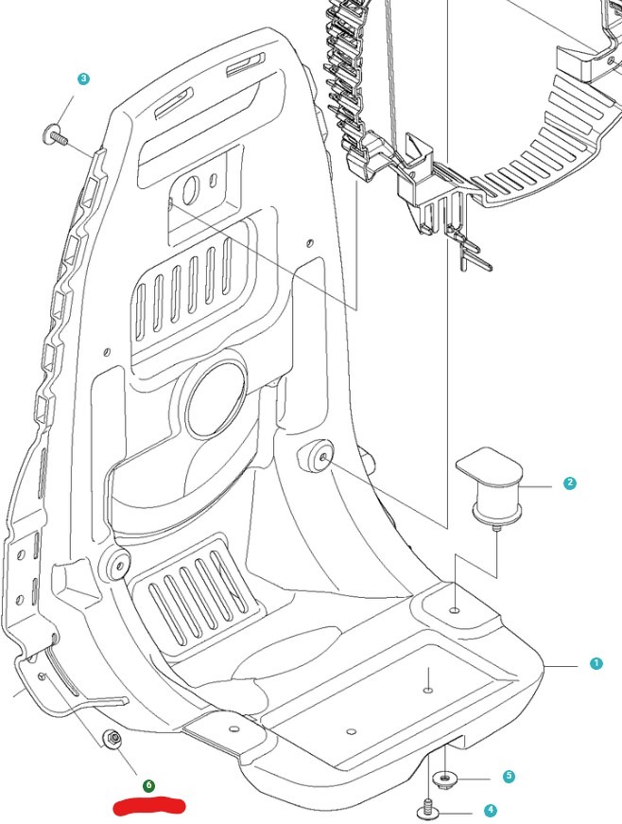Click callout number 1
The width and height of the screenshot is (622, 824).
click(x=596, y=664)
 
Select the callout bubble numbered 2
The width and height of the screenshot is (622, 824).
click(x=569, y=483)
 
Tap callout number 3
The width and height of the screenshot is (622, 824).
click(x=84, y=79)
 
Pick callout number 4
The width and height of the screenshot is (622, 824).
click(x=490, y=811)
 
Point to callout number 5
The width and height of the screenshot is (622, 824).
click(x=509, y=777)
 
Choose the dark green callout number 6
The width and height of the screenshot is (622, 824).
click(x=148, y=786)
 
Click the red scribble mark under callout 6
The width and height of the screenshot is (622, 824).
click(x=148, y=807)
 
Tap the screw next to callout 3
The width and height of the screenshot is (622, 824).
click(x=56, y=137)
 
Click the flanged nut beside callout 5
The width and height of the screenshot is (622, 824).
click(x=444, y=779)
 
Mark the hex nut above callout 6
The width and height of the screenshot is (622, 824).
click(x=113, y=738)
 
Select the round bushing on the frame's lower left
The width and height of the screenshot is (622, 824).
click(x=115, y=565)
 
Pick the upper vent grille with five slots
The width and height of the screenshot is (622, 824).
click(x=187, y=287)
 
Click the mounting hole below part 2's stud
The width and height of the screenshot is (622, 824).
click(x=455, y=611)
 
